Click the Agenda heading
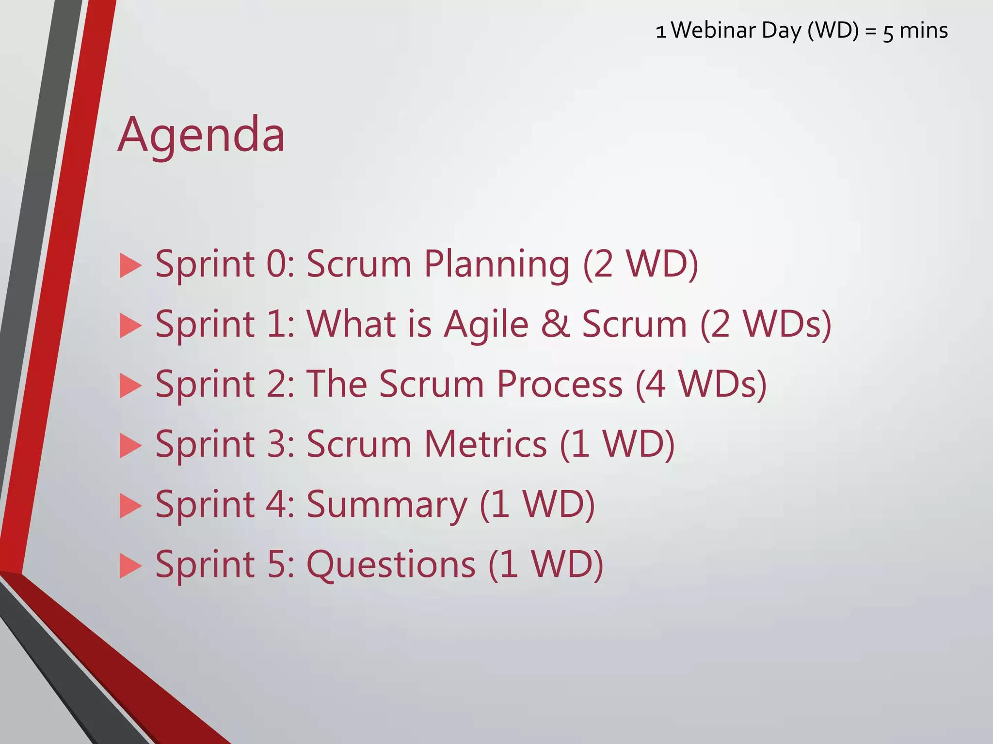pyautogui.click(x=201, y=136)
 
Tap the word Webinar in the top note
pyautogui.click(x=713, y=31)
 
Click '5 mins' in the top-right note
pyautogui.click(x=915, y=31)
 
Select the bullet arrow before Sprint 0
pyautogui.click(x=130, y=265)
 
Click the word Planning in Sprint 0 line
pyautogui.click(x=496, y=264)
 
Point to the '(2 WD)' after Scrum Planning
pyautogui.click(x=641, y=264)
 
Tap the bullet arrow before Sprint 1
pyautogui.click(x=130, y=325)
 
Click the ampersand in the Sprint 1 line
pyautogui.click(x=555, y=325)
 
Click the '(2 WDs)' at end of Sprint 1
pyautogui.click(x=766, y=325)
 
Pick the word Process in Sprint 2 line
pyautogui.click(x=560, y=385)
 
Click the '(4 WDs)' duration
pyautogui.click(x=701, y=385)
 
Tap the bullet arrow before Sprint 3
pyautogui.click(x=130, y=446)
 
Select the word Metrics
pyautogui.click(x=486, y=445)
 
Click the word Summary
pyautogui.click(x=386, y=505)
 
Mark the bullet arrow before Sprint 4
pyautogui.click(x=130, y=506)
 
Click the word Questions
pyautogui.click(x=391, y=565)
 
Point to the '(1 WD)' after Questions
pyautogui.click(x=545, y=565)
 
